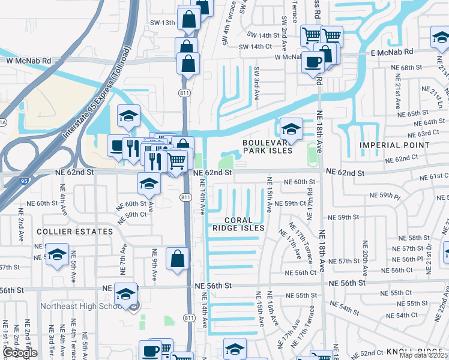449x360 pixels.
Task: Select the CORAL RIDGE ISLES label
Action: pos(238,223)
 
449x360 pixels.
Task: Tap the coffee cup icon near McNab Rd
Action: pos(313,61)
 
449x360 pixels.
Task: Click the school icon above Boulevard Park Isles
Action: pos(291,128)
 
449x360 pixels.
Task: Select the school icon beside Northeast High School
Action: pos(126,293)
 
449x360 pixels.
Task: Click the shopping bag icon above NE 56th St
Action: pos(178,259)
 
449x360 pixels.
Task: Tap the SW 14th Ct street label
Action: pos(255,47)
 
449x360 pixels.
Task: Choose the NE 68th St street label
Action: pos(405,68)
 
